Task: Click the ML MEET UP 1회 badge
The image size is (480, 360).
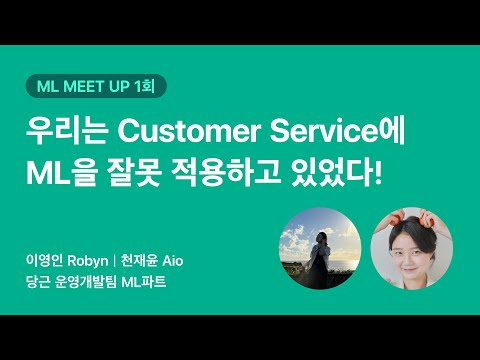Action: tap(95, 86)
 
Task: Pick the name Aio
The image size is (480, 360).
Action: tap(172, 261)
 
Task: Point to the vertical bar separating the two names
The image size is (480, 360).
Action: tap(113, 261)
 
